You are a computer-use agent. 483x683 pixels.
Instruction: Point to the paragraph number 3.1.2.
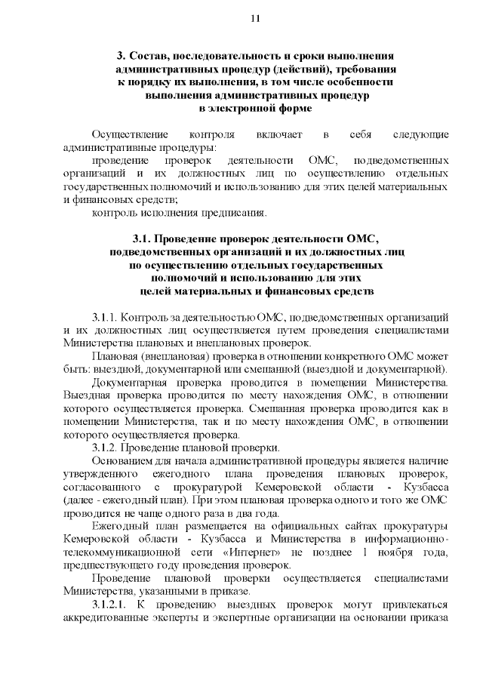[x=104, y=448]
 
